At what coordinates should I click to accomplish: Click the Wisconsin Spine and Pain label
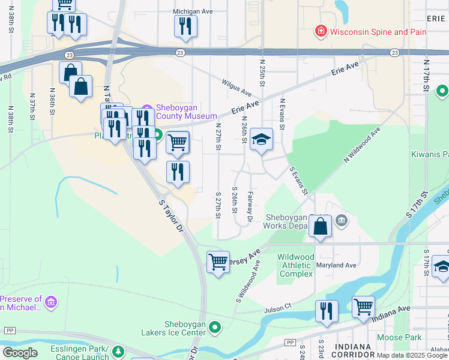(x=378, y=31)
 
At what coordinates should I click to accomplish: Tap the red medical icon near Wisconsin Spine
(x=321, y=31)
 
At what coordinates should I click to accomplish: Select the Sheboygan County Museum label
(x=186, y=112)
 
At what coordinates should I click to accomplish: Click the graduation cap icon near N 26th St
(x=261, y=140)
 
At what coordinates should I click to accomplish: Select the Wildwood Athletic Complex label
(x=295, y=265)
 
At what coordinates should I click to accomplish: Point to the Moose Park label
(x=399, y=337)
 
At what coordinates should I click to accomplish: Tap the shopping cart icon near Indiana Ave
(x=363, y=307)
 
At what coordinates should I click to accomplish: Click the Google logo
(x=20, y=353)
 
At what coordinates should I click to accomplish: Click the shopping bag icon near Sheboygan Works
(x=320, y=227)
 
